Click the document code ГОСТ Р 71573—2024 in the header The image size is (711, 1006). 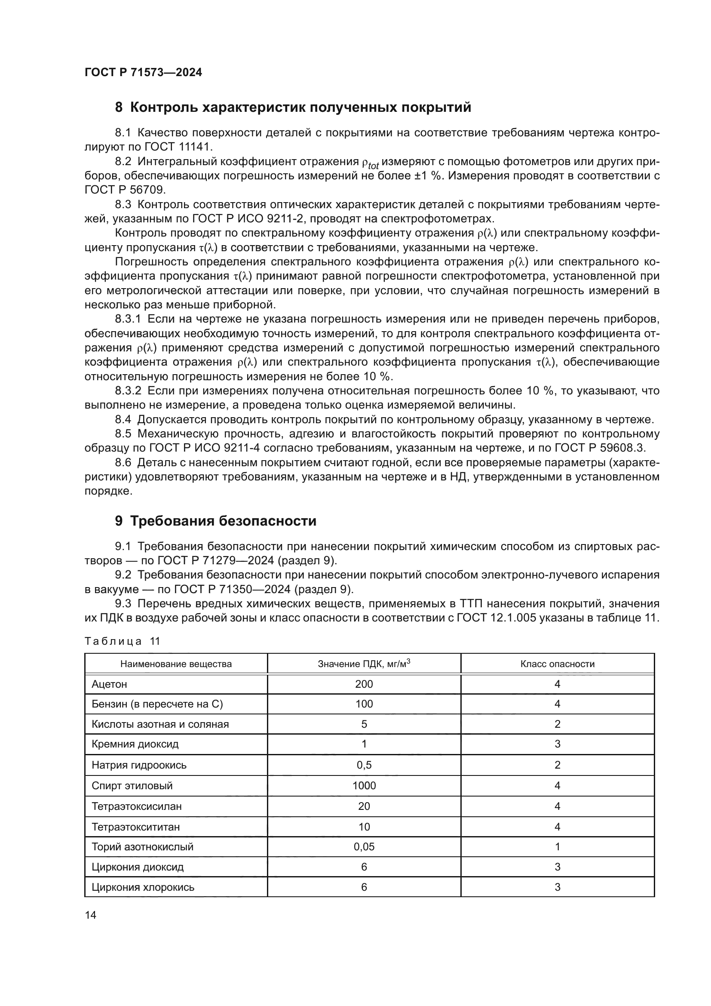tap(143, 73)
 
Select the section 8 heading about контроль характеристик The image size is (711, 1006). tap(293, 108)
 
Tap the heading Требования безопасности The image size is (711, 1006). tap(215, 521)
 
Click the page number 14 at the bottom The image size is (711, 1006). tap(91, 915)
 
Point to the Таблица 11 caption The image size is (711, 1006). tap(123, 641)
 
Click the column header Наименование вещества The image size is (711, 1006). tap(176, 664)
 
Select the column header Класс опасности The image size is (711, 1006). tap(558, 664)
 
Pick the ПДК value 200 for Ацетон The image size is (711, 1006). tap(364, 684)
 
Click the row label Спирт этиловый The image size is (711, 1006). tap(132, 786)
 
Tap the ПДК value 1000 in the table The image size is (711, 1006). tap(364, 786)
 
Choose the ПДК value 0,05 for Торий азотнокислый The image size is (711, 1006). tap(364, 847)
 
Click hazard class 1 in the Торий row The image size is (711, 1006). tap(558, 847)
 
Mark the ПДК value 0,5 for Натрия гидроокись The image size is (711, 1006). tap(364, 765)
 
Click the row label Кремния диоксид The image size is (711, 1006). tap(135, 744)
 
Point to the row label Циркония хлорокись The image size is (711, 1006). tap(143, 887)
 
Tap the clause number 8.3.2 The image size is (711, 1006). tap(128, 391)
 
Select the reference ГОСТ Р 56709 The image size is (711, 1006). tap(125, 190)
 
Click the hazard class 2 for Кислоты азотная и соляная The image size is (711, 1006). tap(558, 724)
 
